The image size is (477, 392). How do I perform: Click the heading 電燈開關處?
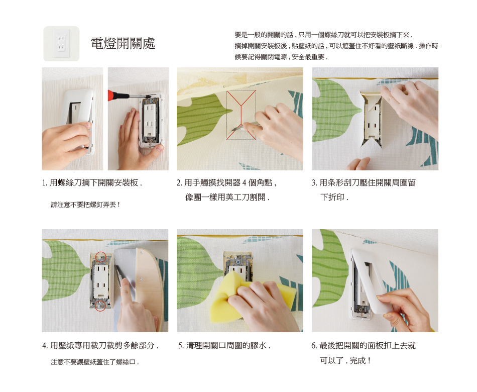(x=123, y=43)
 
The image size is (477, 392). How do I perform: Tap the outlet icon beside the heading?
(x=61, y=44)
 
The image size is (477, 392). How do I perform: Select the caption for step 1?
(x=92, y=182)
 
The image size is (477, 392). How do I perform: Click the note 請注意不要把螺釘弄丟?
(x=85, y=205)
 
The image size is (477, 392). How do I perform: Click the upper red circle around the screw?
(x=101, y=257)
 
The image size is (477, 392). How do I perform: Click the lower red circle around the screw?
(x=100, y=306)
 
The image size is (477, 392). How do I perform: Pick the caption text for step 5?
(x=224, y=345)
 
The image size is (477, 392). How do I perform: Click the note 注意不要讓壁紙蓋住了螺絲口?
(x=94, y=362)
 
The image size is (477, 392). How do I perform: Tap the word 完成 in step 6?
(x=357, y=361)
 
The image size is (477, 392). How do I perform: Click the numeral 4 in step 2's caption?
(x=245, y=183)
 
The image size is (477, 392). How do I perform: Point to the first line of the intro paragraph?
(x=324, y=35)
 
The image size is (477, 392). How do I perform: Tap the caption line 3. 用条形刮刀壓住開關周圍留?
(x=364, y=182)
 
